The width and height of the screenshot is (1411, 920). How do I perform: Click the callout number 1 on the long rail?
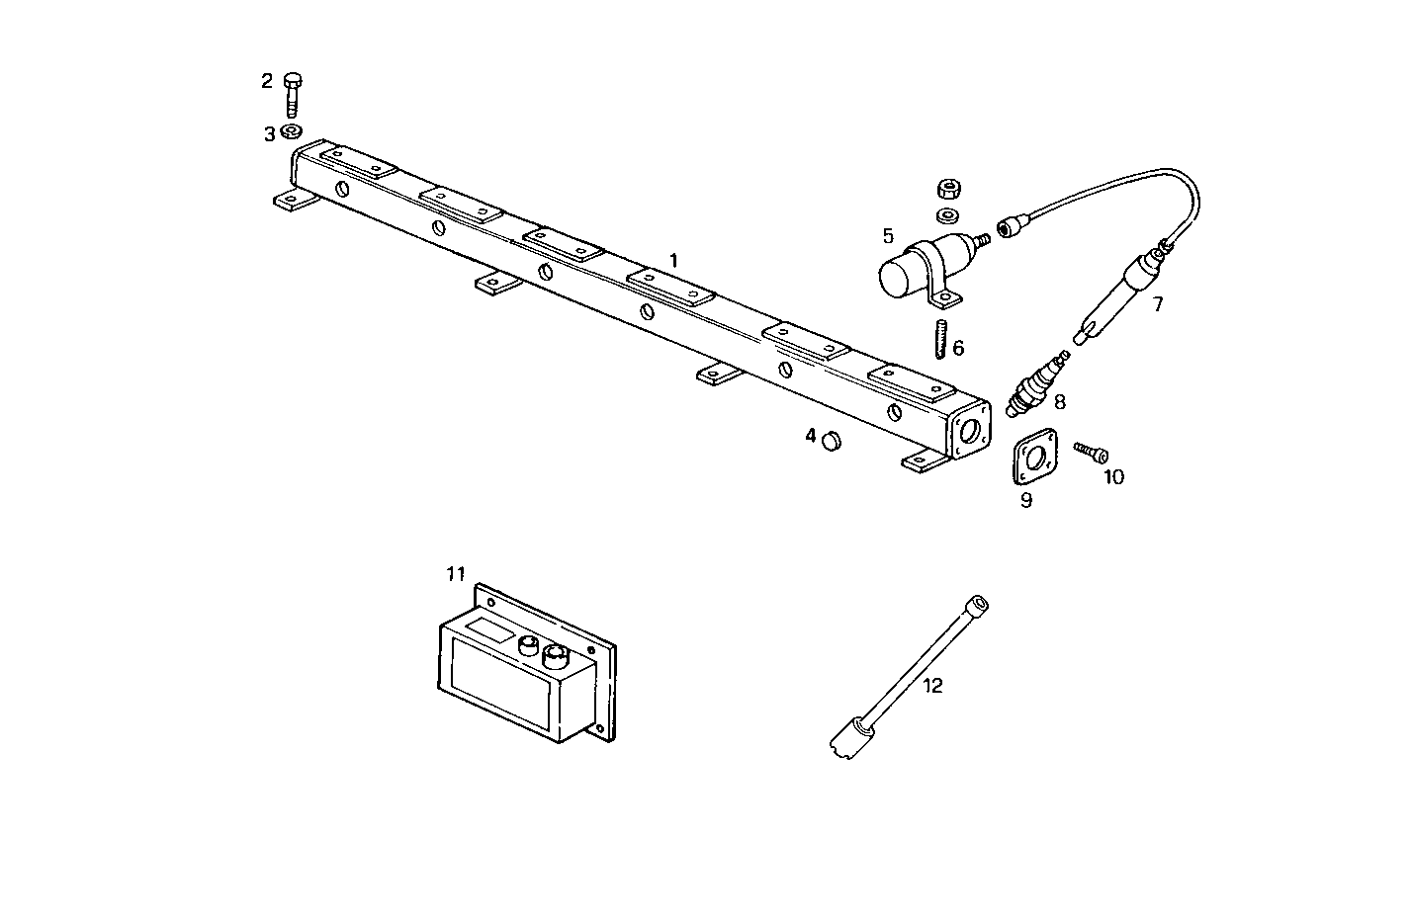673,261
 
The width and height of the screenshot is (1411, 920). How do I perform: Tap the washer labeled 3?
292,131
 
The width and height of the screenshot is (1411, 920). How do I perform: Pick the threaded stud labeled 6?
941,340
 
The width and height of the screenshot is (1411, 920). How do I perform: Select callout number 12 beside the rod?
933,685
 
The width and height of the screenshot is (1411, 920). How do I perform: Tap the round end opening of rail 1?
972,430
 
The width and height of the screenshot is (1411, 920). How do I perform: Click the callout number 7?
1158,304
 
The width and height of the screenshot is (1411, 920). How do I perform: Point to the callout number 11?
455,574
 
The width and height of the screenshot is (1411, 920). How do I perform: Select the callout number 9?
1026,500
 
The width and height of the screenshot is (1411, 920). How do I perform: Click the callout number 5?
888,236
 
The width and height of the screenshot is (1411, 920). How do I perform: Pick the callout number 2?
267,81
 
